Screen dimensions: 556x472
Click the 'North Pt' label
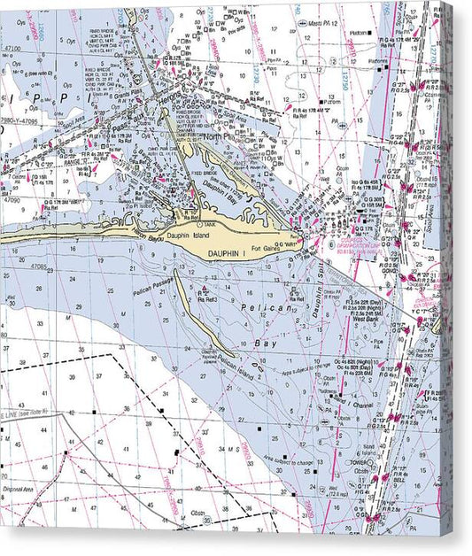pos(215,137)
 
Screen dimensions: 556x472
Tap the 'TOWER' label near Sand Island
pos(358,460)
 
